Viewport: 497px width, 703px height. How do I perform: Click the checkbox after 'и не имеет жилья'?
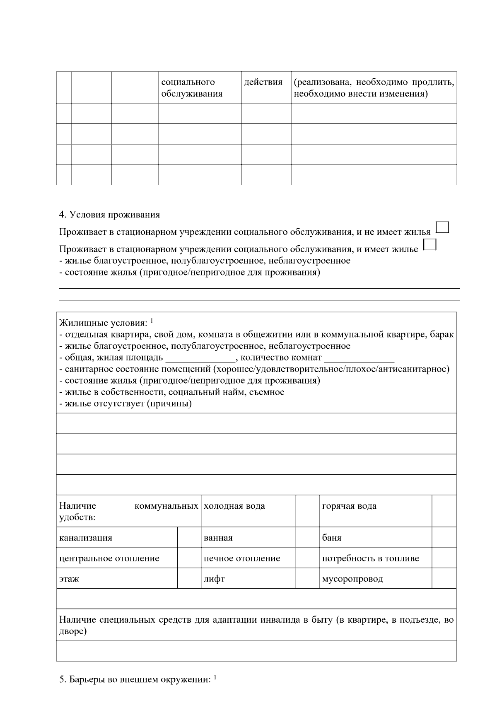pos(443,227)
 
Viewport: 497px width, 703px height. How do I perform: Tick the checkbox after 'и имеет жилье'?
pos(431,244)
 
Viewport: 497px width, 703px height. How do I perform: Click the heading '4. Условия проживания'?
pos(109,215)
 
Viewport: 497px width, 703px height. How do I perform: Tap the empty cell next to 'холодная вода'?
pos(308,511)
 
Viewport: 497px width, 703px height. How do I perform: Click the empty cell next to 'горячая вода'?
pos(444,511)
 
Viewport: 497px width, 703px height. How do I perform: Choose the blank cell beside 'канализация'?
pos(189,537)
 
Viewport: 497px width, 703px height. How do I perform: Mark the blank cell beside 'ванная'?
pos(308,537)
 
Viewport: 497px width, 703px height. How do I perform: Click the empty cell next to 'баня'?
pos(444,537)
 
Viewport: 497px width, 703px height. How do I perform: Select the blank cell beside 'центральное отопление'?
pos(189,558)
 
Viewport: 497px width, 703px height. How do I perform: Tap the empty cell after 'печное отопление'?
pos(308,558)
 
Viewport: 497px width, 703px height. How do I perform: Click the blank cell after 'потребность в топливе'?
pos(444,558)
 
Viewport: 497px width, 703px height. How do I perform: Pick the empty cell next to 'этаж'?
pos(189,578)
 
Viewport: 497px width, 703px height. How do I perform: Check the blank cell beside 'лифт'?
pos(308,578)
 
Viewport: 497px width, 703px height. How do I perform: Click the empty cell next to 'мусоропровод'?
pos(444,578)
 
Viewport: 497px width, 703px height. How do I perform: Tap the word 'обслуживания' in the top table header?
pos(192,94)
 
